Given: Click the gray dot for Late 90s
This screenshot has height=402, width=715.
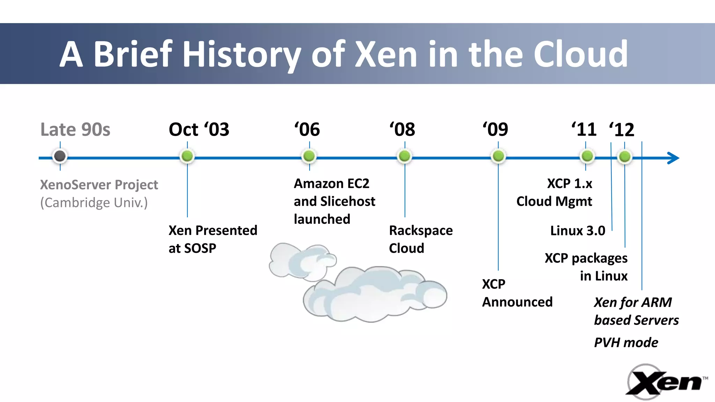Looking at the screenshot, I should [x=60, y=156].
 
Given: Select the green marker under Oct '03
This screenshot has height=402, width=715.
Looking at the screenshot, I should [x=187, y=156].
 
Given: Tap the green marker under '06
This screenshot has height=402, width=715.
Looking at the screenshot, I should [x=309, y=156].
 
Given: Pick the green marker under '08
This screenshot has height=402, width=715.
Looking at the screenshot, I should [x=405, y=156].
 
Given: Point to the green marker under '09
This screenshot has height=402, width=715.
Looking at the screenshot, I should [x=498, y=156].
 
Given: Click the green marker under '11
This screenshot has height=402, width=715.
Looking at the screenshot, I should [x=587, y=156].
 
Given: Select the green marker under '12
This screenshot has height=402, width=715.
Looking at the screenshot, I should [x=625, y=157].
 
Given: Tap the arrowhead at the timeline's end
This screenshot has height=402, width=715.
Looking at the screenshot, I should [x=673, y=158].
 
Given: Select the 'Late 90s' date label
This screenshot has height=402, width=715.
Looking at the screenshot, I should [x=75, y=130].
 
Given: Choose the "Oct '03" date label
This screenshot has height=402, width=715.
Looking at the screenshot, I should [x=199, y=130].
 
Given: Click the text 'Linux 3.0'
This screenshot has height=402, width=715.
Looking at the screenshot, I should [x=577, y=231].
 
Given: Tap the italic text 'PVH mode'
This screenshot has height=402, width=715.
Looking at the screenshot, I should [x=626, y=343].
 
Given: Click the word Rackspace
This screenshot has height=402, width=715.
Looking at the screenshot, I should [x=421, y=231].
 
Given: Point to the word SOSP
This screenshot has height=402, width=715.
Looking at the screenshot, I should [x=200, y=248].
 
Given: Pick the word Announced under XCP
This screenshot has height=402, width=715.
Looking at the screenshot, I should [x=517, y=302].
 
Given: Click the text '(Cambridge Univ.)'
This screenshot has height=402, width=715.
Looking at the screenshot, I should [x=94, y=203].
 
